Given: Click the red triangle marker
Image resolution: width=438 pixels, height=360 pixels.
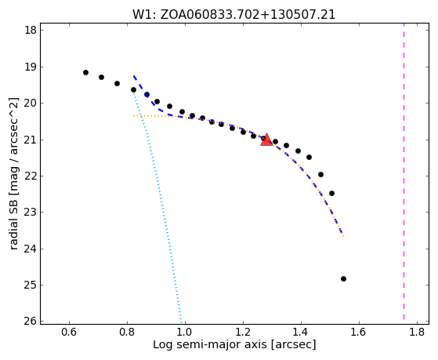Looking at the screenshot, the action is click(266, 140).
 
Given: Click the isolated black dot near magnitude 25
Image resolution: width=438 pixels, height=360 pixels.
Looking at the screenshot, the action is click(344, 279).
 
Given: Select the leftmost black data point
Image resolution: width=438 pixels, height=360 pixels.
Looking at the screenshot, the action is click(85, 72).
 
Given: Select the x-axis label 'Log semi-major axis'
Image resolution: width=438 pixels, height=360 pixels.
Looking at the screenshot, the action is click(209, 344).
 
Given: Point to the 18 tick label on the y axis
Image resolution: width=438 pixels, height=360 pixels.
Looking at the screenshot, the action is click(31, 30).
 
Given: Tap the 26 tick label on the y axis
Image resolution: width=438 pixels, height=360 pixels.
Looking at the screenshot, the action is click(31, 321).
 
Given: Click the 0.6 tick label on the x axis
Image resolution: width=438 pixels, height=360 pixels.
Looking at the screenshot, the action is click(69, 332).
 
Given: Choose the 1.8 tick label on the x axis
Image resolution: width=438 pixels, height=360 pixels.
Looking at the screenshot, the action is click(417, 332).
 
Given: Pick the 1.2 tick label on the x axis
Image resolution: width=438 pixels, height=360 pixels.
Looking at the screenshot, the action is click(243, 332).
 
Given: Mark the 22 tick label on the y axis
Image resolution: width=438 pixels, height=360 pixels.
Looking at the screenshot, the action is click(31, 176).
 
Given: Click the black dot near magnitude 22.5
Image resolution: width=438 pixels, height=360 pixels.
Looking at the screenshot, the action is click(332, 193).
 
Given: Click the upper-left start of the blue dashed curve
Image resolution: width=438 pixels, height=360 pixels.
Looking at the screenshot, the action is click(134, 76).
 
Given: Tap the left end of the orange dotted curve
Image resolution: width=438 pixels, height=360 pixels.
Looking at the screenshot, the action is click(134, 115).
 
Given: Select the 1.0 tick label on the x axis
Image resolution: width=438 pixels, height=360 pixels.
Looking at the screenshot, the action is click(185, 332).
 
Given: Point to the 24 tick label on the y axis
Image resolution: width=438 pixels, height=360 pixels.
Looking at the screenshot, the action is click(31, 249).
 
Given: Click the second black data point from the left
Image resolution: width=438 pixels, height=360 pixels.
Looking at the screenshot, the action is click(101, 77).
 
